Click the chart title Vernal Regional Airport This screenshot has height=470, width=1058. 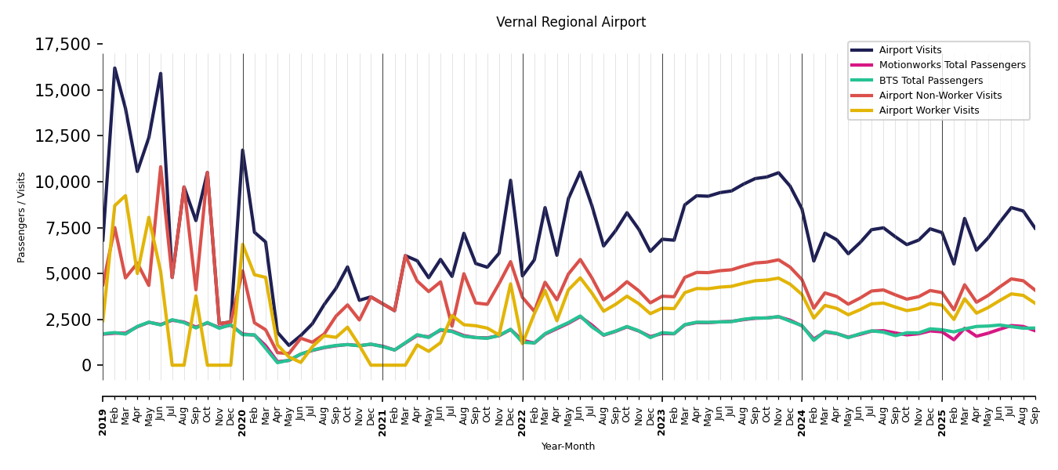tap(571, 23)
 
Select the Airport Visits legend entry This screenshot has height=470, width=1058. tap(910, 50)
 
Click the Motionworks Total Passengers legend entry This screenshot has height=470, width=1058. tap(951, 65)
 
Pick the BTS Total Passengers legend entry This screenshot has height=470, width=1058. tap(930, 81)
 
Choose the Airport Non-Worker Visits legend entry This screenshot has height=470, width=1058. tap(940, 96)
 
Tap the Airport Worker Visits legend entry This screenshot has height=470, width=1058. tap(929, 110)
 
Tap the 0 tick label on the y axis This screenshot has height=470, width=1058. tap(87, 366)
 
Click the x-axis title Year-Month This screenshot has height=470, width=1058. tap(568, 446)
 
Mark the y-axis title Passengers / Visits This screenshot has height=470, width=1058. tap(22, 217)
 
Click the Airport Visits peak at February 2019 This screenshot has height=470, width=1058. tap(114, 68)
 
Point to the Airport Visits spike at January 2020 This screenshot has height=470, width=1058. tap(242, 150)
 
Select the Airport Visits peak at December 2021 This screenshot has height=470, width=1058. tap(510, 180)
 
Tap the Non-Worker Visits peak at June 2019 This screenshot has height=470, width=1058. tap(161, 167)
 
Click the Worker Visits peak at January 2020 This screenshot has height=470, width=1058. tap(242, 245)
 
